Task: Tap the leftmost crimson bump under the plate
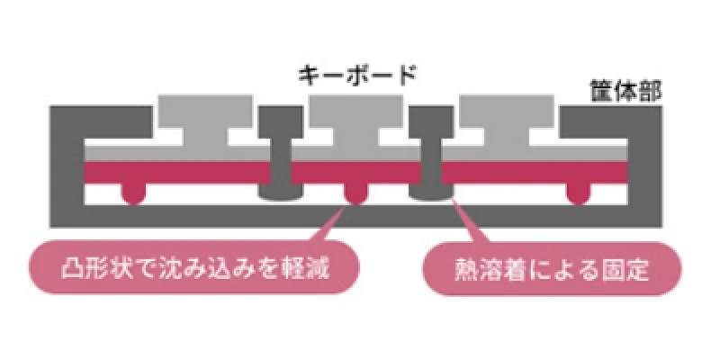pos(134,192)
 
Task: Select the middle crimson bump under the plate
pos(355,192)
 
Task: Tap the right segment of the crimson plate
pos(531,171)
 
